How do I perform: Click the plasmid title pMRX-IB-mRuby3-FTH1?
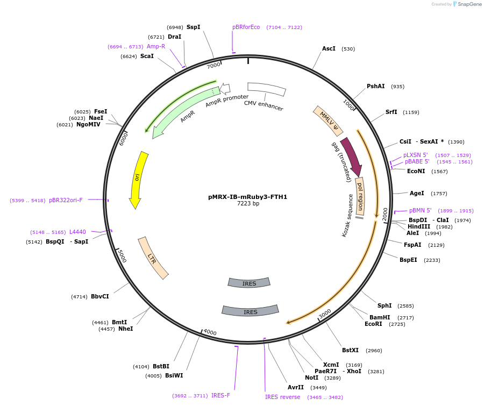point(247,197)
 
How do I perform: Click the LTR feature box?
point(153,258)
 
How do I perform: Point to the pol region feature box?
point(360,196)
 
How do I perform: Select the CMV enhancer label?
point(264,106)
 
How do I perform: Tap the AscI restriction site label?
point(329,48)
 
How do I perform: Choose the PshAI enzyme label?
point(376,86)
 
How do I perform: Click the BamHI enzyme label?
point(380,317)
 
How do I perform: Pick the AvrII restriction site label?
point(296,387)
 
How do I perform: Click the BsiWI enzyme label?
point(174,375)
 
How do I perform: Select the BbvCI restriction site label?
point(100,296)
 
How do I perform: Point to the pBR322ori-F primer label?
point(66,200)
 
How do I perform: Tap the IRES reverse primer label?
point(282,397)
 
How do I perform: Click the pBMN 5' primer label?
point(420,210)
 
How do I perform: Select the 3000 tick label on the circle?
point(325,314)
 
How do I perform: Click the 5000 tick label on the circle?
point(122,256)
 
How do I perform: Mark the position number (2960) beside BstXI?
point(374,351)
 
